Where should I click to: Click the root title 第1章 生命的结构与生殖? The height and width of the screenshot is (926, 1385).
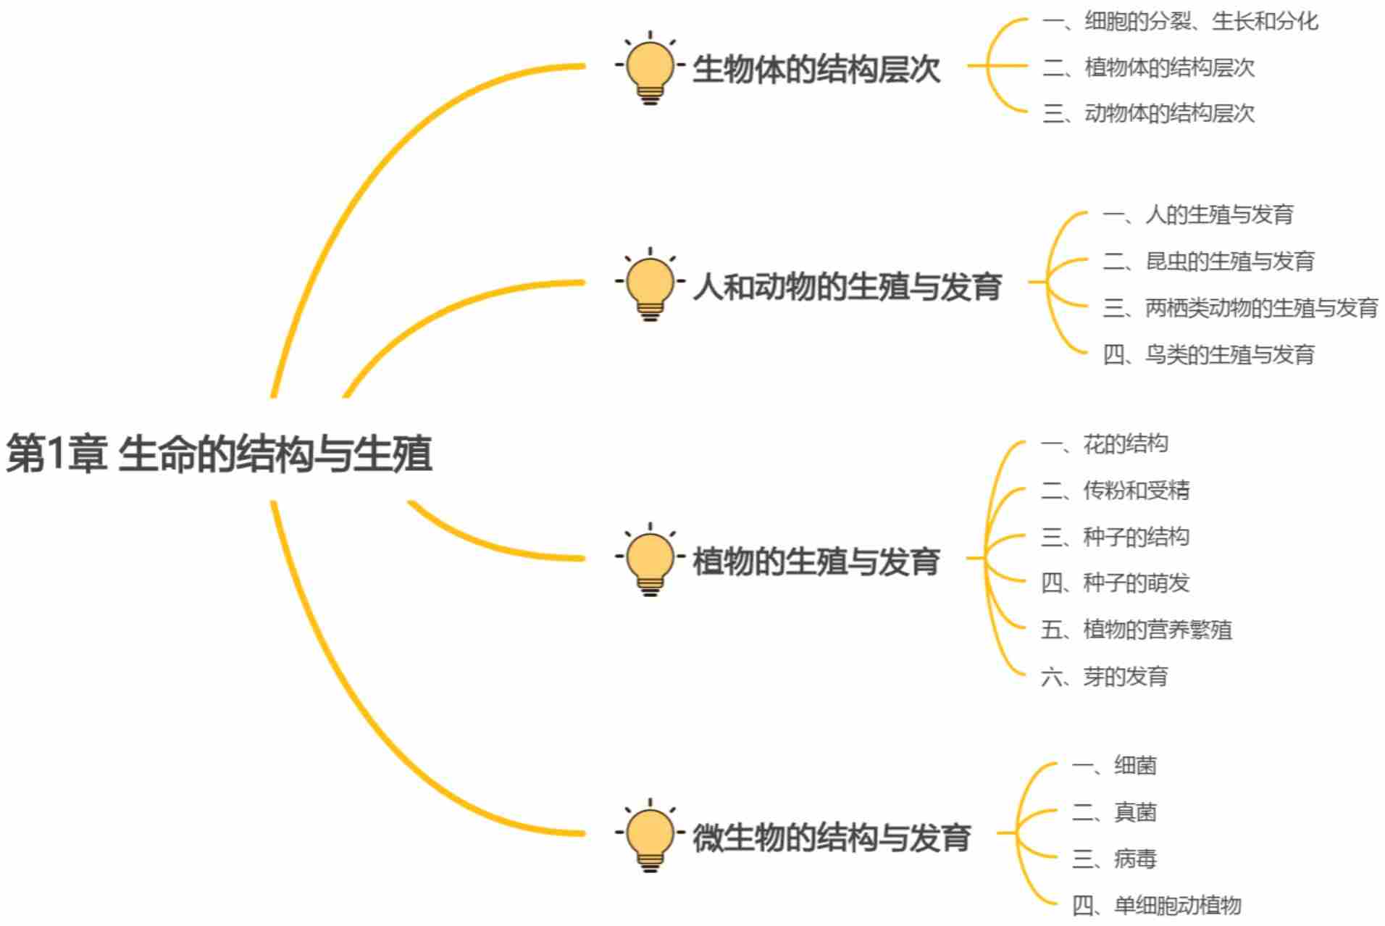(x=219, y=454)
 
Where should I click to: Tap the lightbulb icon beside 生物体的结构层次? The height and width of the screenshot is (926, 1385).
(x=650, y=67)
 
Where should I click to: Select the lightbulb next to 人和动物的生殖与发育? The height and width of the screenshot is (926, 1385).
(x=650, y=283)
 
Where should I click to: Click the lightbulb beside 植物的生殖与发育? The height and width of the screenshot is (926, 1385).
(x=650, y=558)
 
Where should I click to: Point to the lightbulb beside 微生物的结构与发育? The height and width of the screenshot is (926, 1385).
(x=650, y=834)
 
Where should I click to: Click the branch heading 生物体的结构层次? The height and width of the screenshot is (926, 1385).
(x=816, y=70)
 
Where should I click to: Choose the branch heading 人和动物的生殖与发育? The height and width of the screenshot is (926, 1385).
(x=847, y=286)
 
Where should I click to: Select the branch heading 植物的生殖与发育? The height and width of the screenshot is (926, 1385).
(x=816, y=562)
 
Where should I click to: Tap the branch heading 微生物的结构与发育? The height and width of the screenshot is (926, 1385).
(x=831, y=838)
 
